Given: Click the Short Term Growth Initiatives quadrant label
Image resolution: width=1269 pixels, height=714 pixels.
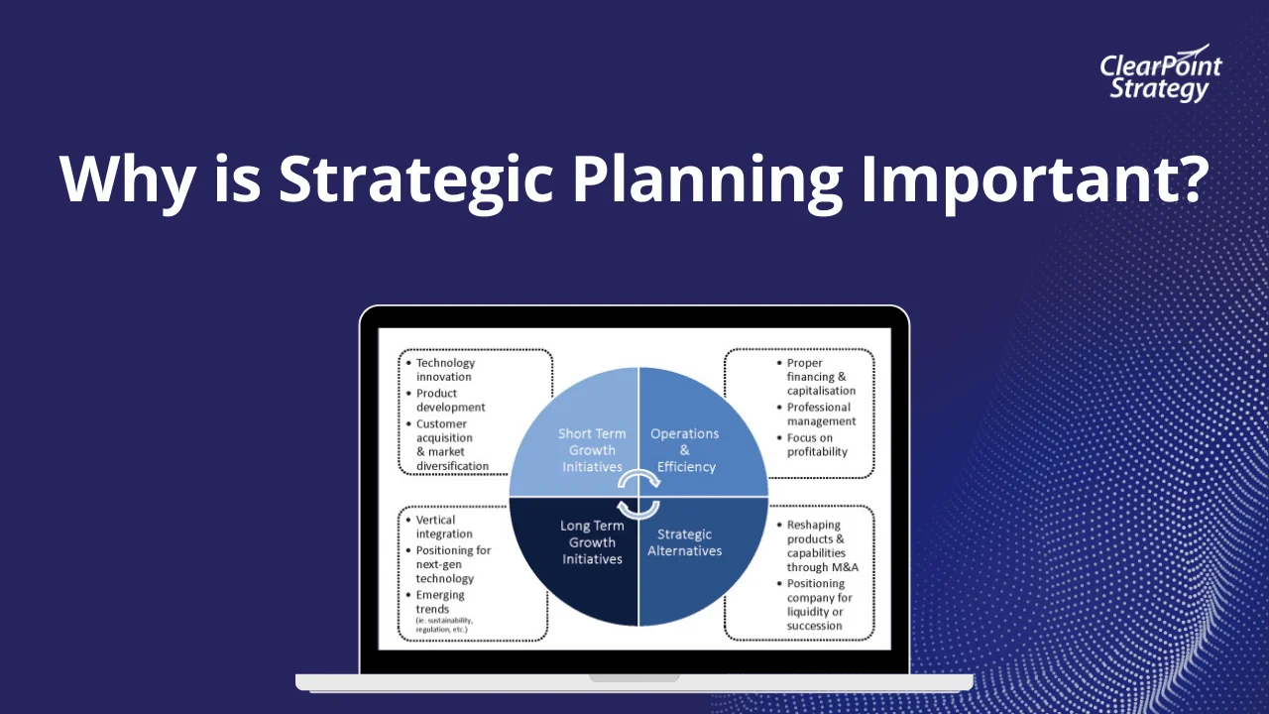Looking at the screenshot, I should (592, 449).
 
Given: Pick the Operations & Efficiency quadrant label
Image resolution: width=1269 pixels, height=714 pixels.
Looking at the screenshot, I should (685, 449).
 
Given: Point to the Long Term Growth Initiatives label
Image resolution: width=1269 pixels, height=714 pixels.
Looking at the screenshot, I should (592, 542).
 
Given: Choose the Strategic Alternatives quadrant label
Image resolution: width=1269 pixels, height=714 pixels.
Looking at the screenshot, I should (685, 542).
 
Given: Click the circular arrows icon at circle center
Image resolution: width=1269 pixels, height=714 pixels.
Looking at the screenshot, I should (638, 495).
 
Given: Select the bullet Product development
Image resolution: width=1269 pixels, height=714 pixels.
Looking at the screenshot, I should (450, 400).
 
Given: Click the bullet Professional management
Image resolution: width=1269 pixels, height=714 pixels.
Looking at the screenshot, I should (820, 414).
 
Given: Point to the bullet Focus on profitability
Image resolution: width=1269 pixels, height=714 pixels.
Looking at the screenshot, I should (817, 444).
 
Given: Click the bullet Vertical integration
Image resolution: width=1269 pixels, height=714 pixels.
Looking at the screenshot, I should (444, 527).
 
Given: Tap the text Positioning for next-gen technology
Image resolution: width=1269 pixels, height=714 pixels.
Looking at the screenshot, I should (453, 564).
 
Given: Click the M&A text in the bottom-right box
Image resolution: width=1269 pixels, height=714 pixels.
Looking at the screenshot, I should (841, 567).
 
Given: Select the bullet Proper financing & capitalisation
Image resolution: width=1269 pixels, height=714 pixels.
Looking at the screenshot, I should (820, 377).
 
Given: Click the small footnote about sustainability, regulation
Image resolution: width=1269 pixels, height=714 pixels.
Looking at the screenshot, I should (442, 625).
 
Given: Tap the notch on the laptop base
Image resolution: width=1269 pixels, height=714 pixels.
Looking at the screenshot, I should (634, 678).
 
